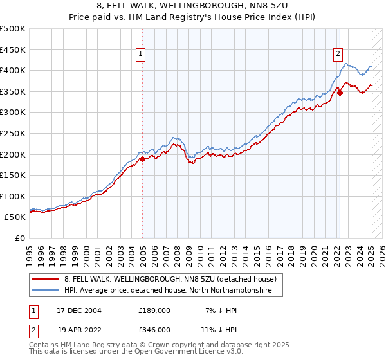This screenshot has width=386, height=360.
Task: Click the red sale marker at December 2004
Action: tap(142, 159)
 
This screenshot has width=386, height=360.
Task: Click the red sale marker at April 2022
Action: tap(340, 93)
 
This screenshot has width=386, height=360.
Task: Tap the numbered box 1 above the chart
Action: tap(140, 55)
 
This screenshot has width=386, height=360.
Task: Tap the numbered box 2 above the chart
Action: tap(338, 55)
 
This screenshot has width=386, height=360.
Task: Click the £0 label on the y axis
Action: tap(19, 238)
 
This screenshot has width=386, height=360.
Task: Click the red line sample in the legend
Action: tap(44, 279)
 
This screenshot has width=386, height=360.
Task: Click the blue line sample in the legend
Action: tap(44, 291)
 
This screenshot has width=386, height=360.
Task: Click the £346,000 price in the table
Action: tap(154, 329)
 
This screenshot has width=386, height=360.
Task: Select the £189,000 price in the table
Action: tap(154, 310)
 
